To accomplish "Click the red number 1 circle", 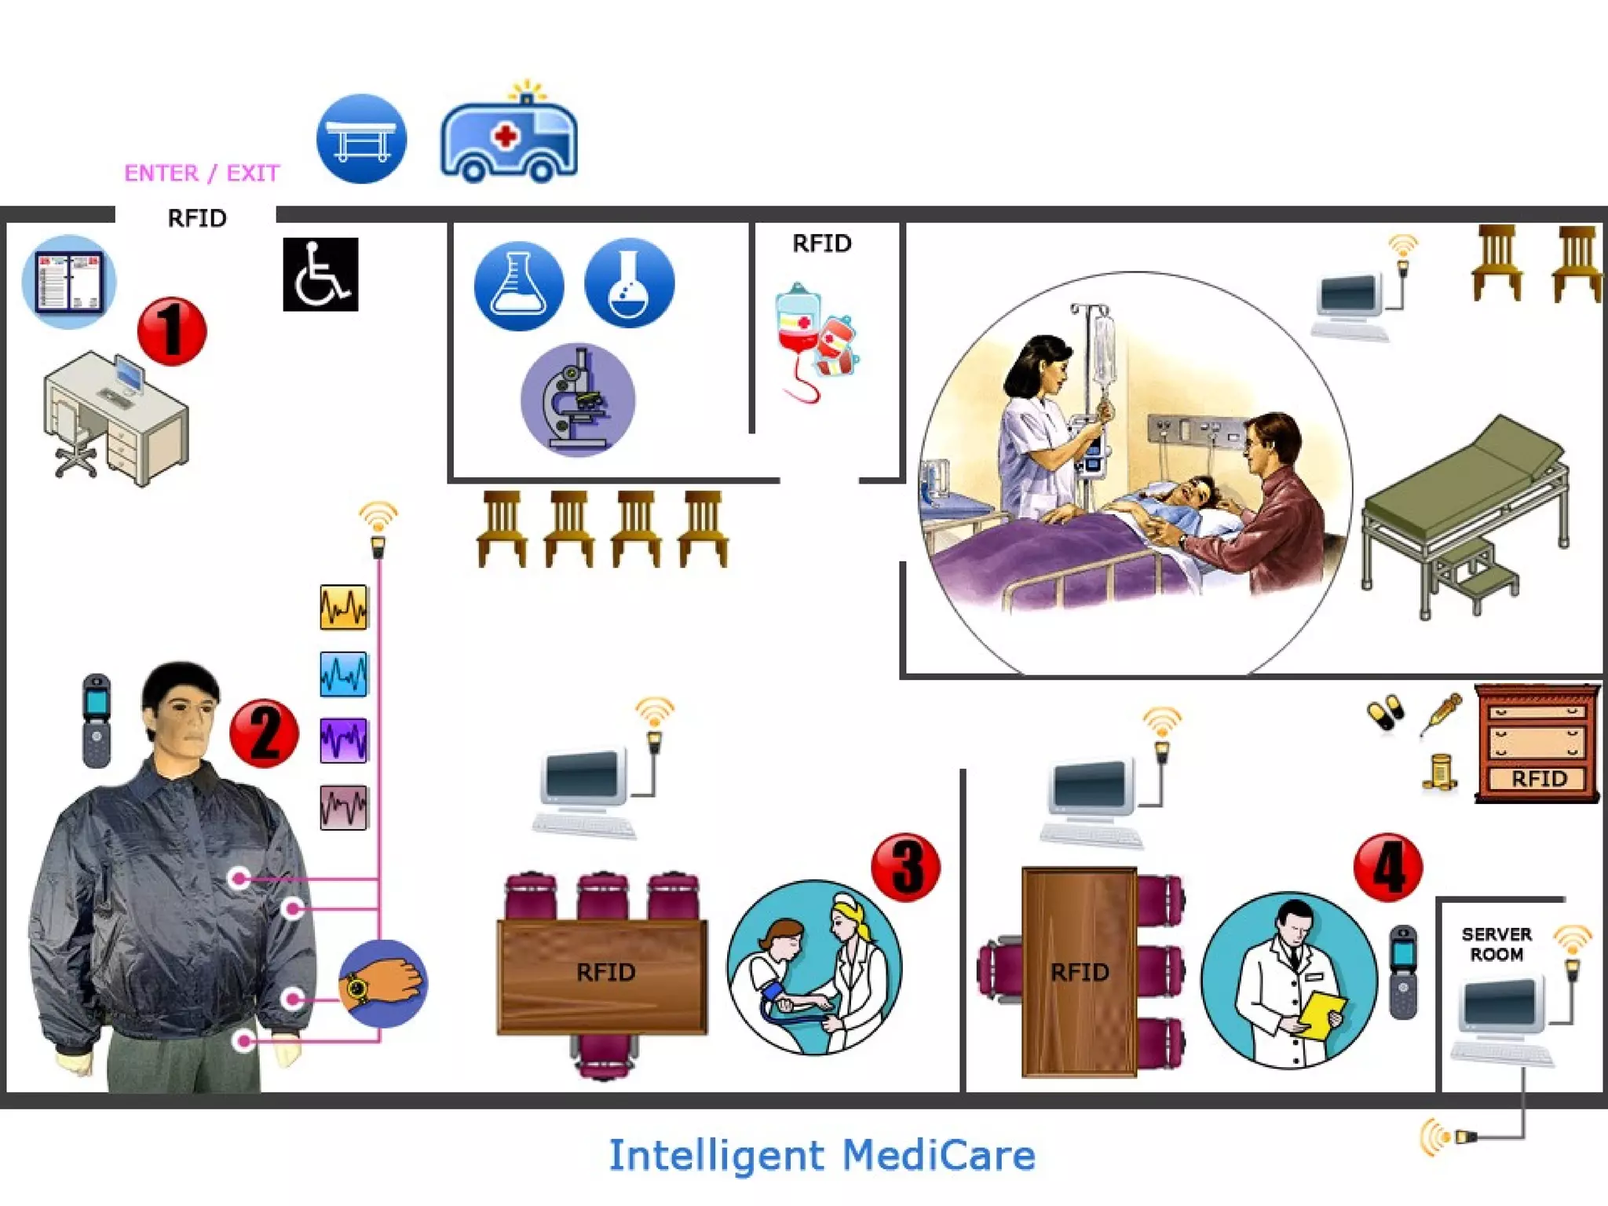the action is (172, 331).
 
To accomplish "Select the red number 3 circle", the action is (905, 867).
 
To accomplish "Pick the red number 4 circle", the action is (1387, 867).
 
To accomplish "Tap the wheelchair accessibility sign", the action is (320, 274).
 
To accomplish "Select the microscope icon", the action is (578, 400).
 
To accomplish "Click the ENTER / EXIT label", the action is (202, 173).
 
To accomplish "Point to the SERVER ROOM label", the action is (1497, 944).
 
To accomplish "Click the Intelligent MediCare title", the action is (822, 1155).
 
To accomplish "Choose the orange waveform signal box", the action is (343, 607).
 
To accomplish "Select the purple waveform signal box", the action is (343, 740).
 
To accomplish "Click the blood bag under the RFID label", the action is (799, 330).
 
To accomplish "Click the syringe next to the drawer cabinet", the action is (1441, 714).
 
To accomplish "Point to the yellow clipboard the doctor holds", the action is (1322, 1016).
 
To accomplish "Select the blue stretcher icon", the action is (361, 139).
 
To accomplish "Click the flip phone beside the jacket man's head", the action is (97, 720).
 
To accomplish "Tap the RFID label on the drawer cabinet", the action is (1538, 778).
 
